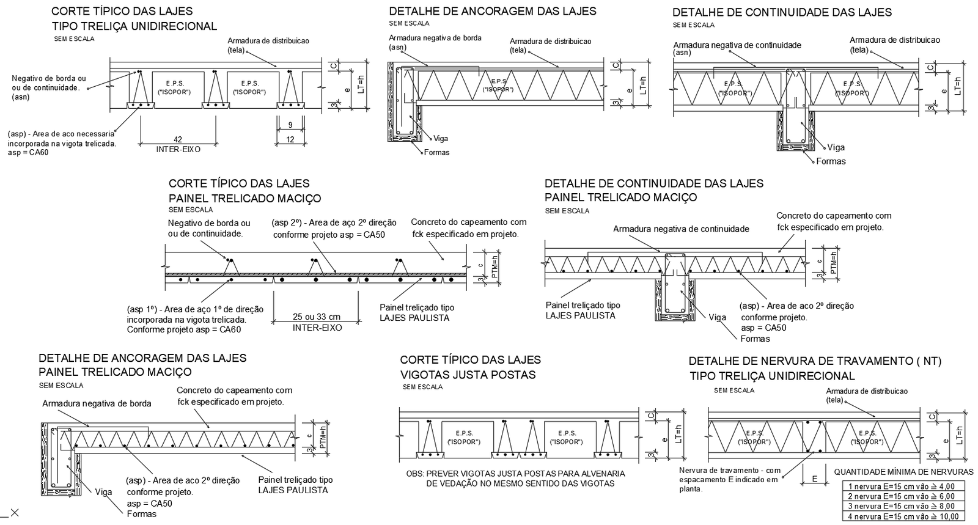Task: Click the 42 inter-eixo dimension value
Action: point(178,140)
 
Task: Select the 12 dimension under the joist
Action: point(290,140)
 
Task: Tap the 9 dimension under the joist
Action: point(290,125)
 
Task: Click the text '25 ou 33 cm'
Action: point(317,317)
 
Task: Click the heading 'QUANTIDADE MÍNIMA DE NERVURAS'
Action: point(903,472)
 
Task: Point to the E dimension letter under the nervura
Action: point(814,479)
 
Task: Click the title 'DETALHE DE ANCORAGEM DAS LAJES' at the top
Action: point(493,11)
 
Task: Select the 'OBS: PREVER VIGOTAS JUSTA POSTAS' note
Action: point(515,474)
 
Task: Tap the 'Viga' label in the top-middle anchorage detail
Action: point(440,139)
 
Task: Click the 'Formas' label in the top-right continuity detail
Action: point(831,161)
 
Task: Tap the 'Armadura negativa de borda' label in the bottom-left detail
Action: point(97,403)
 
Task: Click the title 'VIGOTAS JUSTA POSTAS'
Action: point(468,375)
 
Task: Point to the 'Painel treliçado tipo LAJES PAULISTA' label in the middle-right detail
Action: point(583,310)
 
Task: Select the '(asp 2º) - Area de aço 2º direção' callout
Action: point(334,223)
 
